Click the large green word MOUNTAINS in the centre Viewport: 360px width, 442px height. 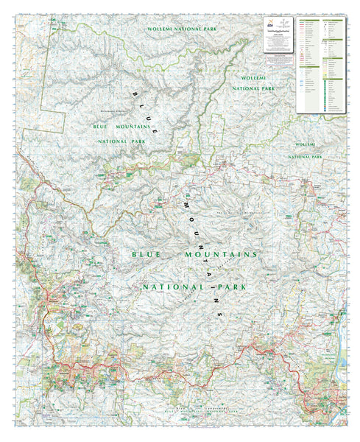coord(221,253)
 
